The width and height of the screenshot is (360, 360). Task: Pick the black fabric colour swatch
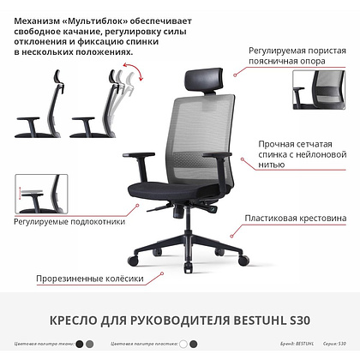[79, 345]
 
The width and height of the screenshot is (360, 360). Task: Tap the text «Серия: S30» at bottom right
[337, 345]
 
